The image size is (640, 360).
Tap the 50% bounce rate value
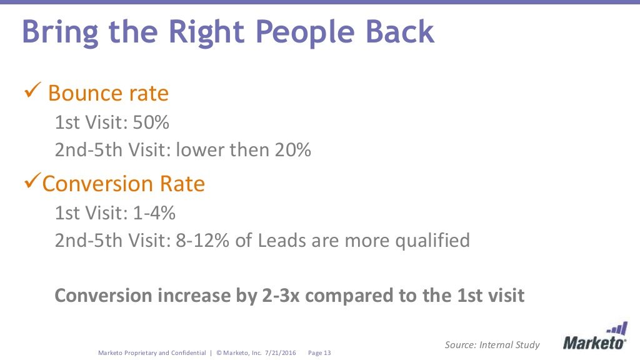(151, 122)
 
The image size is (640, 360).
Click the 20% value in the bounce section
(291, 150)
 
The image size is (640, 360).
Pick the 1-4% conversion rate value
(154, 213)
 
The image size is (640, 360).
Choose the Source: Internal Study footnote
(492, 344)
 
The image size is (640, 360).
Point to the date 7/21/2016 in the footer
(282, 353)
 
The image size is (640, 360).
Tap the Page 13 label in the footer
(319, 353)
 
